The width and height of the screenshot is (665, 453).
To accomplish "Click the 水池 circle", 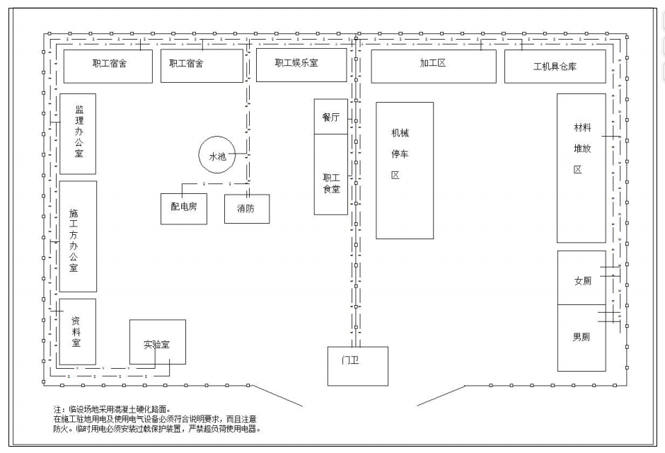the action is click(216, 155).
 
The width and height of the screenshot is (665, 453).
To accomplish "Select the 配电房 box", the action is click(184, 209).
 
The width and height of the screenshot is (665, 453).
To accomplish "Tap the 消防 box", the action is click(247, 209).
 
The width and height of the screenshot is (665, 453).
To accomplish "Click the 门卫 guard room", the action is click(357, 366).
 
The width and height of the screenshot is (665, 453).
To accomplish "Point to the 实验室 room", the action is click(157, 342).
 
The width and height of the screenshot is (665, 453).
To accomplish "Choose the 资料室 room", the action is click(77, 332).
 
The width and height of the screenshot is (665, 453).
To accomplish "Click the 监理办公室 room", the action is click(78, 134).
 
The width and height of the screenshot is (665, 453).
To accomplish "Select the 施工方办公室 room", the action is click(78, 236).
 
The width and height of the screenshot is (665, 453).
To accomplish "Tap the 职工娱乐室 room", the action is click(301, 65).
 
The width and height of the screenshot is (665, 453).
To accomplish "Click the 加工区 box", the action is click(434, 66).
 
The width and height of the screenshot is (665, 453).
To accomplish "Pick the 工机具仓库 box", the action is click(555, 66).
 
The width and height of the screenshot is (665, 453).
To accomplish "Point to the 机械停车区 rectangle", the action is click(405, 171).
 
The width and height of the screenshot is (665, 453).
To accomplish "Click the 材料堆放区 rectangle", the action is click(581, 168).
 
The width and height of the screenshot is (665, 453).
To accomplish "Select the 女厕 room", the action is click(582, 278).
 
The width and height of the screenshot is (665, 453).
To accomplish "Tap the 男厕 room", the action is click(582, 338).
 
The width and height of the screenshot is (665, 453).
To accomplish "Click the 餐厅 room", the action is click(331, 117).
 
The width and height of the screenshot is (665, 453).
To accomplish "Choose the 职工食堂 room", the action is click(331, 174).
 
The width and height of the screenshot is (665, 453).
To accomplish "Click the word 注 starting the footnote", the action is click(57, 410).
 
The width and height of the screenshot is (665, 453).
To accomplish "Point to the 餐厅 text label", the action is click(331, 117).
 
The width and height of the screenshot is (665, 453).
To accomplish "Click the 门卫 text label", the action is click(350, 360).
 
